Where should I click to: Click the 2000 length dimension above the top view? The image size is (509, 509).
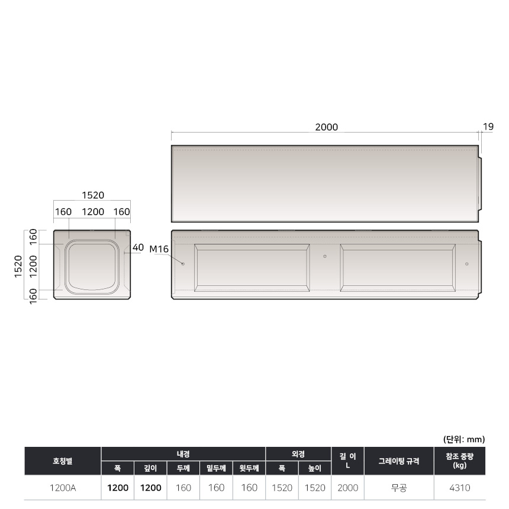(327, 127)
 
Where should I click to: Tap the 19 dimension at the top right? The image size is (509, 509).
(488, 127)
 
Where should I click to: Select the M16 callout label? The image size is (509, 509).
(159, 249)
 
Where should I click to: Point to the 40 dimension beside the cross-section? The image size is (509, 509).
(138, 247)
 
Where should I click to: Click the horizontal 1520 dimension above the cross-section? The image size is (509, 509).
(93, 195)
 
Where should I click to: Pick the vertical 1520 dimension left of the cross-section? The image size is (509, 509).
(18, 266)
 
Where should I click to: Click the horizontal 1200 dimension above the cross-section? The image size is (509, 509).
(93, 212)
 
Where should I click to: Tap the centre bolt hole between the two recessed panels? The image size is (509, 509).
(325, 256)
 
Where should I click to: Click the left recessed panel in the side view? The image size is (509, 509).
(252, 268)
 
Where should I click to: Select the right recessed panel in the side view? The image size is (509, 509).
(398, 268)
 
